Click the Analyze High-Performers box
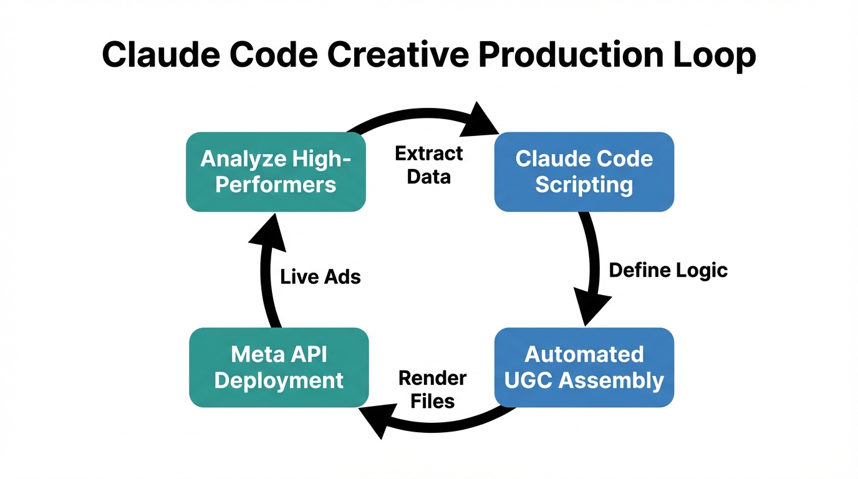pyautogui.click(x=276, y=172)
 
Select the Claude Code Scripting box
pyautogui.click(x=584, y=172)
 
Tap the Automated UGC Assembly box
pyautogui.click(x=584, y=367)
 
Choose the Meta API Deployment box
pyautogui.click(x=279, y=367)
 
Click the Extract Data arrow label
pyautogui.click(x=429, y=165)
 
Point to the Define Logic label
pyautogui.click(x=668, y=270)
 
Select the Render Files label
pyautogui.click(x=433, y=389)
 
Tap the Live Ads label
pyautogui.click(x=321, y=276)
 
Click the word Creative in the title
pyautogui.click(x=398, y=56)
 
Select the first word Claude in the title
pyautogui.click(x=160, y=56)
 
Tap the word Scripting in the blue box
pyautogui.click(x=584, y=185)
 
